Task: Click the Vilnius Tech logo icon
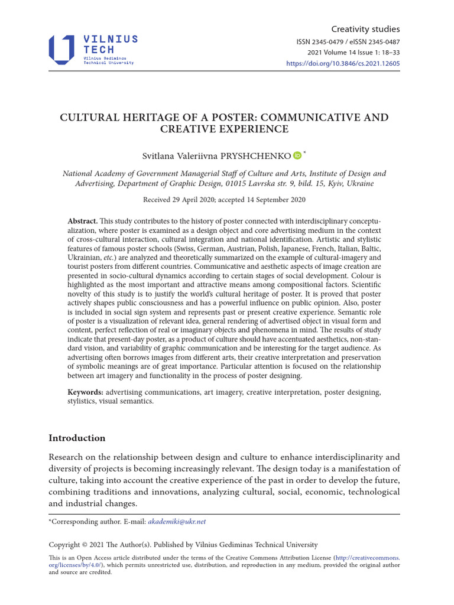61,50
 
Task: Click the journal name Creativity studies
365,29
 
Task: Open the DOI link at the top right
343,63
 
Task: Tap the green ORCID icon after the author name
297,156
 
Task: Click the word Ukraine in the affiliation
359,184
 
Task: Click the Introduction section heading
77,438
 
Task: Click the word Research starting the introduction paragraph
70,457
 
